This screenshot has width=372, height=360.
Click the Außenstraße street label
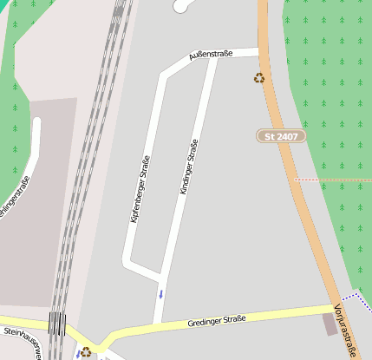click(211, 56)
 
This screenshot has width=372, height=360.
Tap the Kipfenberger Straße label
click(140, 188)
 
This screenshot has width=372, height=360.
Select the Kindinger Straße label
click(188, 166)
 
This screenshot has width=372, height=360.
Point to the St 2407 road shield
click(282, 136)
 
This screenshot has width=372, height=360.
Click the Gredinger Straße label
click(217, 322)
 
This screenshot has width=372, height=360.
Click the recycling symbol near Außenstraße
click(258, 78)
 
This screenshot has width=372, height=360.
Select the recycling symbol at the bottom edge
click(86, 351)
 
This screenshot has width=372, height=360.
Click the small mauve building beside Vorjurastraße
click(330, 324)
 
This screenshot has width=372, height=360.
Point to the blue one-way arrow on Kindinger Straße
click(160, 293)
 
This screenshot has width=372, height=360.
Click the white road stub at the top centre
click(183, 6)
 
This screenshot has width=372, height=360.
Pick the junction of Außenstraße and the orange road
click(261, 51)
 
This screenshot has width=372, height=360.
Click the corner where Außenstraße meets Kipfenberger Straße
click(163, 76)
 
